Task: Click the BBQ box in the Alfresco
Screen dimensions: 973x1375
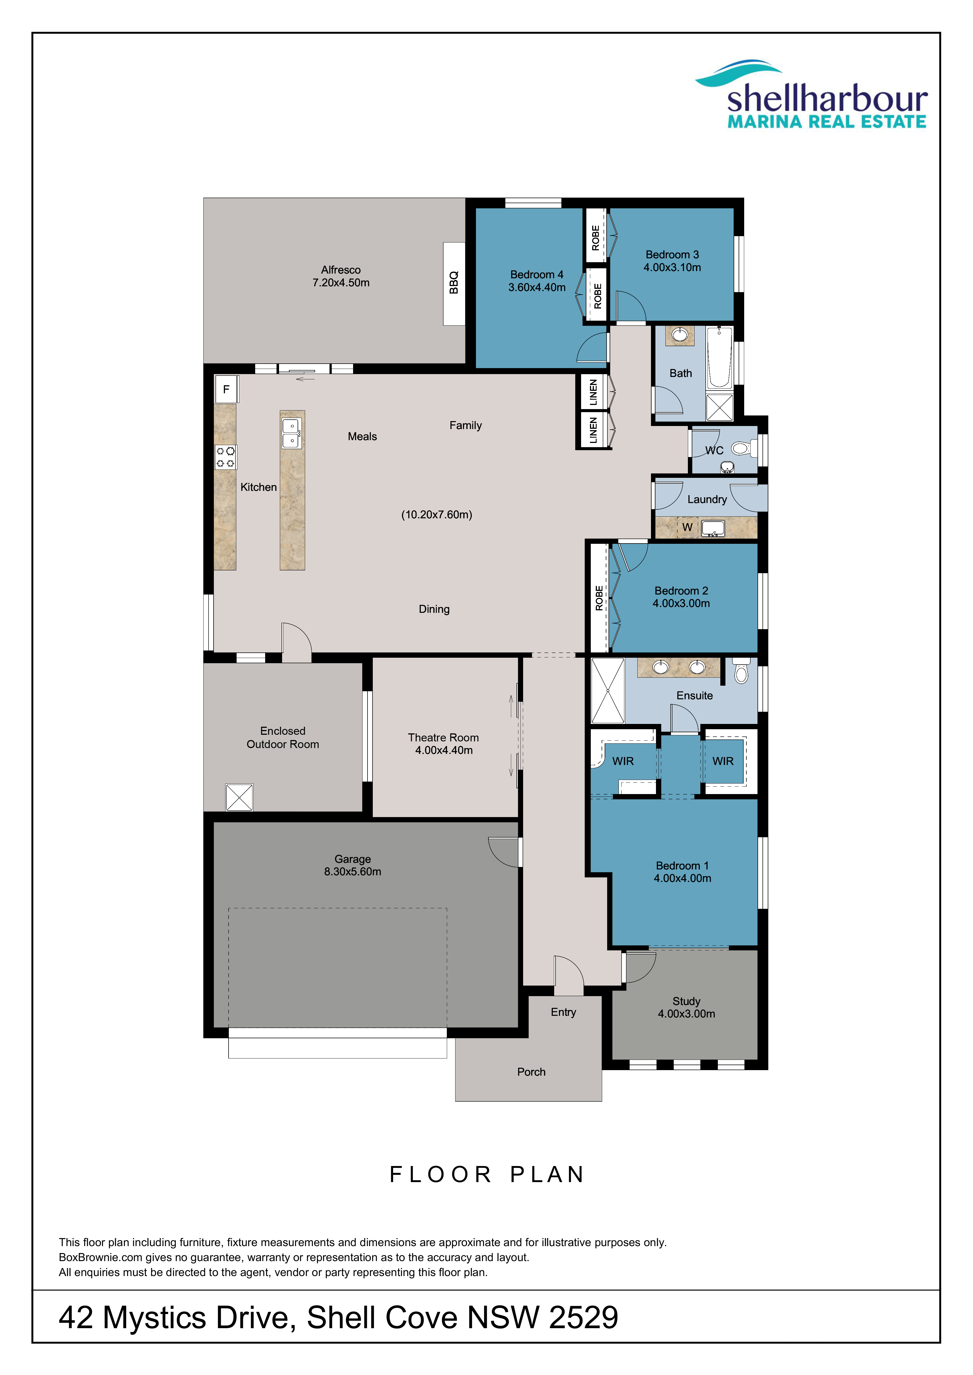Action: click(453, 284)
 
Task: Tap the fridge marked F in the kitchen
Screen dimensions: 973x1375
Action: click(227, 389)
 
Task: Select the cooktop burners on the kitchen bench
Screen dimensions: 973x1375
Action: click(225, 457)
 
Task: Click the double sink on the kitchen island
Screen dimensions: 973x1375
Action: click(292, 433)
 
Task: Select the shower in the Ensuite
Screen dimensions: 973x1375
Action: click(607, 690)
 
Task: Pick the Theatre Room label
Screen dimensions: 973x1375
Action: click(443, 737)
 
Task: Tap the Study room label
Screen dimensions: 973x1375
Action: click(686, 1001)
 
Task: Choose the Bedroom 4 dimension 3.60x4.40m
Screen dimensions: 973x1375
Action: click(537, 287)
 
